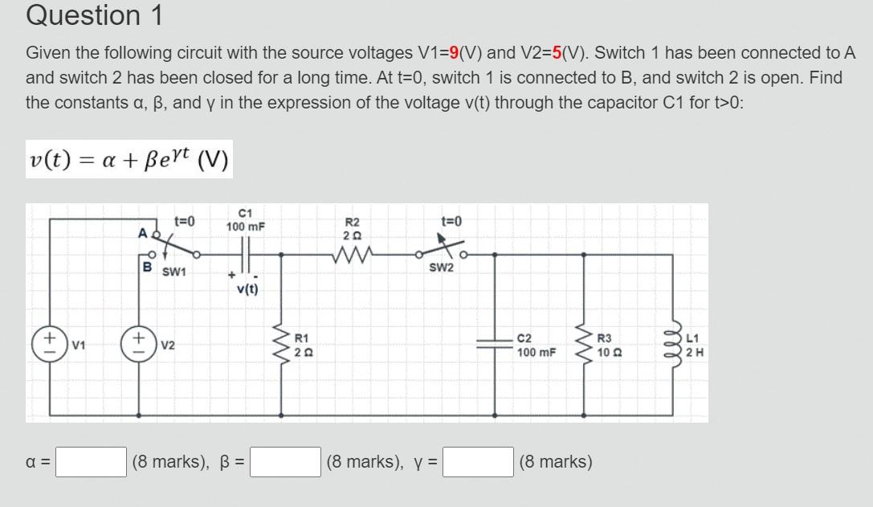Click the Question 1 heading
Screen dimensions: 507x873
click(94, 15)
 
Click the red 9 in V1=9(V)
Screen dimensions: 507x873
click(455, 54)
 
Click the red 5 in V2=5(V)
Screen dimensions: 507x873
click(556, 54)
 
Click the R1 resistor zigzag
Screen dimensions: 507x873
click(282, 345)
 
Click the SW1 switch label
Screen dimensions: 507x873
click(174, 272)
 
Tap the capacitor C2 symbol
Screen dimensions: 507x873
click(494, 345)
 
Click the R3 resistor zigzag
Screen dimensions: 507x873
click(584, 345)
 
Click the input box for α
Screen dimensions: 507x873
click(91, 462)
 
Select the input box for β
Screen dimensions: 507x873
click(286, 462)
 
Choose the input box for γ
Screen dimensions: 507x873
click(479, 462)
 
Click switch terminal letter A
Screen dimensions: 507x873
click(142, 233)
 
